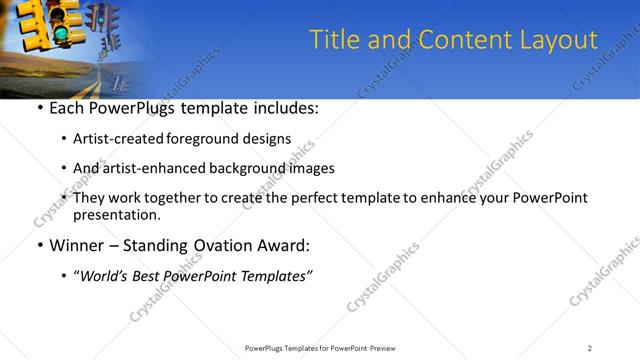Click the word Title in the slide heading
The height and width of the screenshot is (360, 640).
[333, 40]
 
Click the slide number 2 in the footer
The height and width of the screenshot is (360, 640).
[589, 348]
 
